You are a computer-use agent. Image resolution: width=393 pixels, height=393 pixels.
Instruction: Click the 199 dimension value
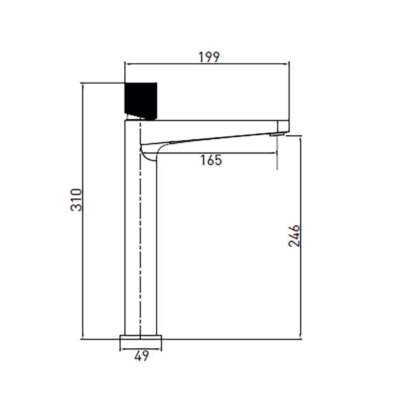coord(209,57)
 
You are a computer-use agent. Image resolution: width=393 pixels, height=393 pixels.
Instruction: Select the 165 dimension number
coord(211,160)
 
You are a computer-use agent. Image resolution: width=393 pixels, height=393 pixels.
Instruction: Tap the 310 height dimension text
coord(76,200)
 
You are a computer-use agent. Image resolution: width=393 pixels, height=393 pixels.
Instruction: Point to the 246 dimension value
coord(294,236)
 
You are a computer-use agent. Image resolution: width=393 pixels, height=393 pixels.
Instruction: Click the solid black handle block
coord(141,101)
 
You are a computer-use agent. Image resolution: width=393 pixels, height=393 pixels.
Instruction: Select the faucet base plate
coord(141,338)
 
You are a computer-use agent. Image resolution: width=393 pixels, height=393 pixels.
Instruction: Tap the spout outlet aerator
coord(276,135)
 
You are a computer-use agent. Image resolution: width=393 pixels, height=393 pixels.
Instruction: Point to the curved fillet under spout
coord(149,154)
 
